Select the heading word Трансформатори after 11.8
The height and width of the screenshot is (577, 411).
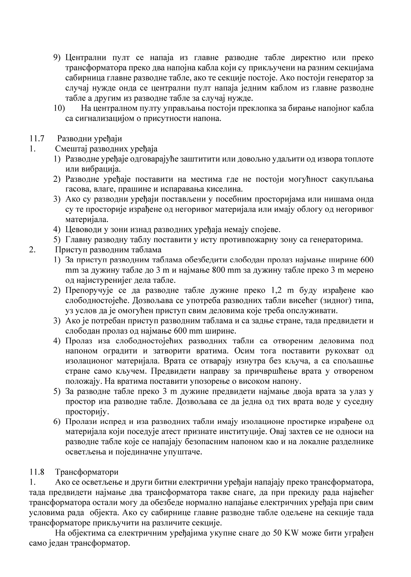[x=86, y=472]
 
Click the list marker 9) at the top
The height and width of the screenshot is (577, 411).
[x=57, y=58]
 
